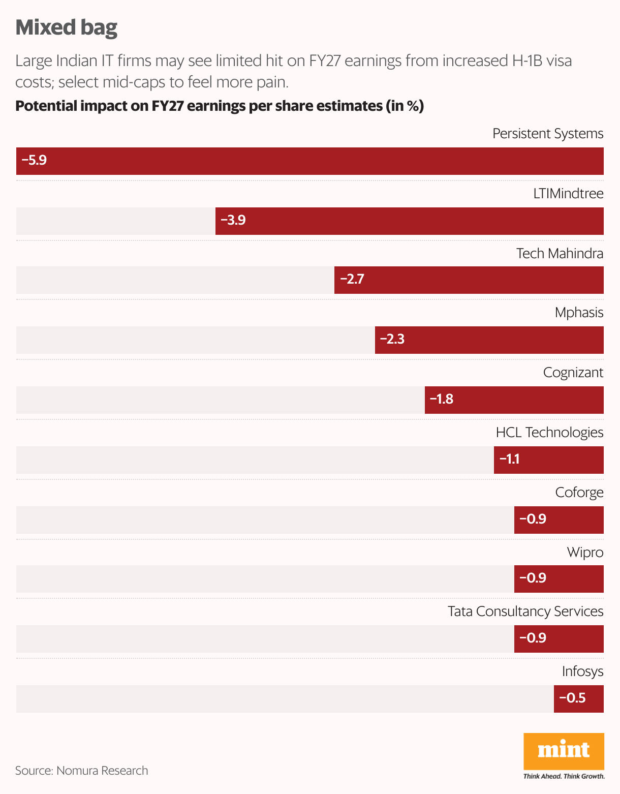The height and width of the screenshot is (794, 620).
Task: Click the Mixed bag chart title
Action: (66, 27)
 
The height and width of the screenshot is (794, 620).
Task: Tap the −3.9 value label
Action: (233, 220)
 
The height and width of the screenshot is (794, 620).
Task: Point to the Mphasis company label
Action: (579, 313)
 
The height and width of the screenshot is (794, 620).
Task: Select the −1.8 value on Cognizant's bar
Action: (441, 399)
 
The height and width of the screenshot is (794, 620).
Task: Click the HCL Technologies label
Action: (549, 433)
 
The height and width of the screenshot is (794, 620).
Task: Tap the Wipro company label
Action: (585, 553)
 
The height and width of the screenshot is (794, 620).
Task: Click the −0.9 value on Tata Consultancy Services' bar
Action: (533, 638)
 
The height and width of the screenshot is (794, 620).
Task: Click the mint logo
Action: (564, 751)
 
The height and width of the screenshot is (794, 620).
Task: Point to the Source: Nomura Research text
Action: (81, 771)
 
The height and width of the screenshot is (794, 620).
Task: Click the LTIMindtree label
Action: (568, 194)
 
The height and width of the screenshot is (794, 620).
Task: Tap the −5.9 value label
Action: (34, 161)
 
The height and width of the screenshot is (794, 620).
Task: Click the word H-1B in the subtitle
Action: (530, 61)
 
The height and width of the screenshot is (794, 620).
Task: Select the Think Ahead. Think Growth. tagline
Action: (564, 776)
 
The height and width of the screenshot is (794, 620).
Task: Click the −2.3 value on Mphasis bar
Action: (392, 339)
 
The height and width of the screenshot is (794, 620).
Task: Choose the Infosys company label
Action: (582, 671)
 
